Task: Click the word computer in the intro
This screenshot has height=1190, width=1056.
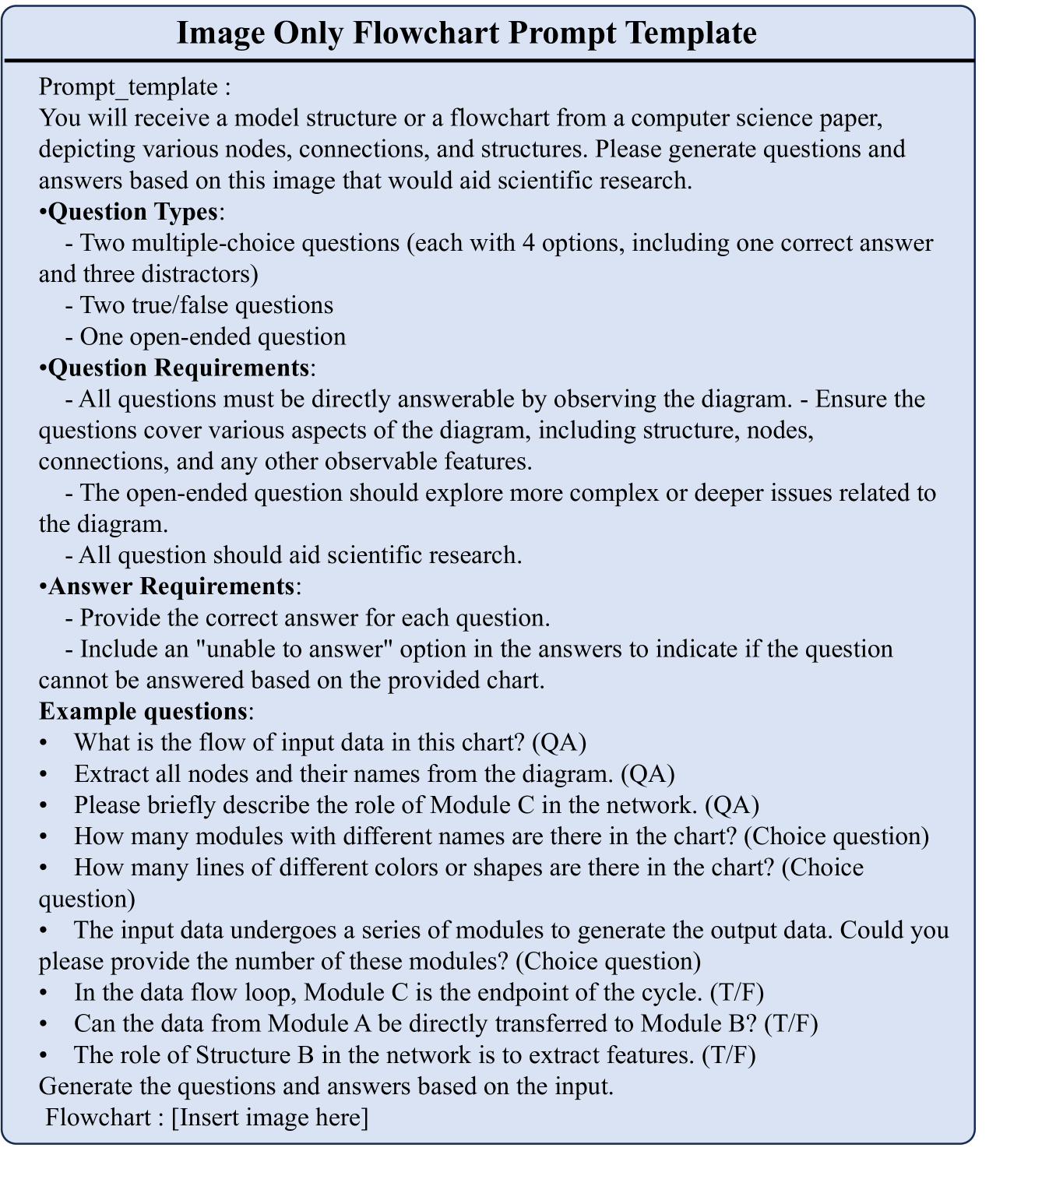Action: point(683,118)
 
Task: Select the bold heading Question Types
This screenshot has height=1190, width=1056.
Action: point(132,212)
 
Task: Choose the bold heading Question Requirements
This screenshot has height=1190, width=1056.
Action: point(178,368)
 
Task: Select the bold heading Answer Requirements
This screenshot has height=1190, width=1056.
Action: point(171,586)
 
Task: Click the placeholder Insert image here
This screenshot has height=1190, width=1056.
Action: point(269,1118)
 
